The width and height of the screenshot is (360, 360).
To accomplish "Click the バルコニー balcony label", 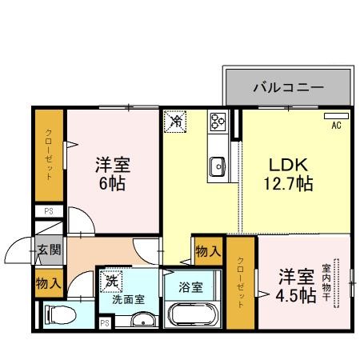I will (x=289, y=87).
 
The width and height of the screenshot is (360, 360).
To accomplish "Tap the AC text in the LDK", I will (x=336, y=125).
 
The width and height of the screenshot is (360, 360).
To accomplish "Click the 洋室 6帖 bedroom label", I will (x=113, y=174).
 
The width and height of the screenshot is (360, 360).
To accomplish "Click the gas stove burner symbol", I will (x=218, y=122).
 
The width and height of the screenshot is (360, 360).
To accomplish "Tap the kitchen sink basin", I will (x=217, y=166).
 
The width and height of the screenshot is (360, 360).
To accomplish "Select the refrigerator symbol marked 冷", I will (x=175, y=122).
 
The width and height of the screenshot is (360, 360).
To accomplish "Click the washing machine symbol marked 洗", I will (x=110, y=281).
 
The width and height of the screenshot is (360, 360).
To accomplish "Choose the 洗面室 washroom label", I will (x=128, y=300).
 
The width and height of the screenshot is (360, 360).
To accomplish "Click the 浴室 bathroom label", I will (x=190, y=286).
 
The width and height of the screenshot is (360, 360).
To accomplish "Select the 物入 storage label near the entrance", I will (x=48, y=282).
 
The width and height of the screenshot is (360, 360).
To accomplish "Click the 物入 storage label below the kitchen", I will (x=208, y=251).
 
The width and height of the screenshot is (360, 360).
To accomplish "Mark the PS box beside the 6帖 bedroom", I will (x=48, y=213).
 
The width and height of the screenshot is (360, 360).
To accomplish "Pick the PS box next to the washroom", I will (x=105, y=322).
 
